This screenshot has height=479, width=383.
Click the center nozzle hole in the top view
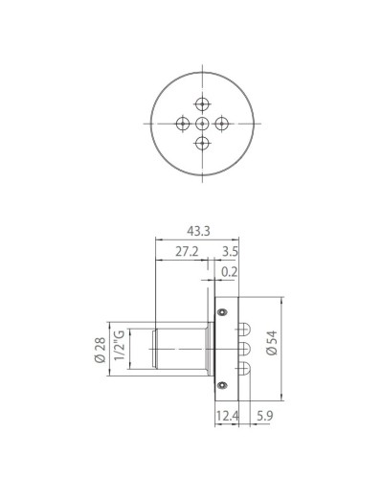coord(201,123)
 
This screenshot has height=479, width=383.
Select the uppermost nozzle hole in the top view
coord(201,103)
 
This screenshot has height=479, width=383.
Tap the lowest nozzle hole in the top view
coord(201,143)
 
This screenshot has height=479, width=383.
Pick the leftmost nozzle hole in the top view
coord(181,123)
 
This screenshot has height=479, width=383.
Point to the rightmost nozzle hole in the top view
coord(221,123)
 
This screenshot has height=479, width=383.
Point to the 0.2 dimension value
coord(230,271)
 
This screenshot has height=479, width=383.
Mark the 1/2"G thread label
coord(120,349)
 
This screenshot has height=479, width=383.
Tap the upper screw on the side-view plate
coord(223,310)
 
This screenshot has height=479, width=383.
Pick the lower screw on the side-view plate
coord(223,385)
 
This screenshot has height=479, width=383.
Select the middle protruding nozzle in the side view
coord(244,348)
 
